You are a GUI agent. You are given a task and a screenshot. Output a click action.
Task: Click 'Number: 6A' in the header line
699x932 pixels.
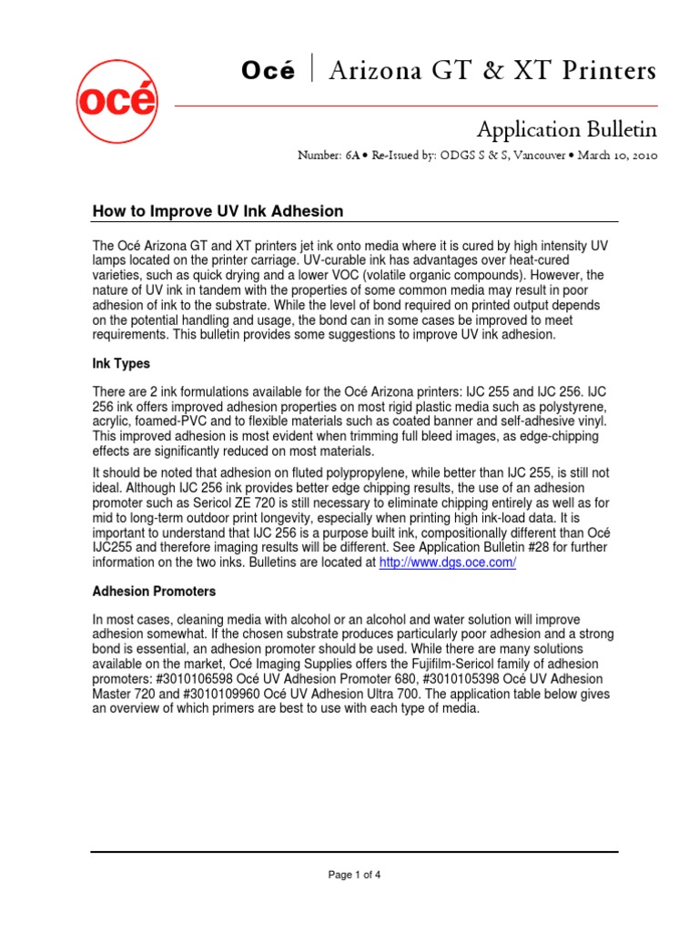pos(328,156)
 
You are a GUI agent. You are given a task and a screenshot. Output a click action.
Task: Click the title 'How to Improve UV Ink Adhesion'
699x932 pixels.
pos(218,211)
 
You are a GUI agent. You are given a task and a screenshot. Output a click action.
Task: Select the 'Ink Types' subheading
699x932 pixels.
pos(122,363)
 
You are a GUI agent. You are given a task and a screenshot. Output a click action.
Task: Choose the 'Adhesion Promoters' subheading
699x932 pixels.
pos(154,592)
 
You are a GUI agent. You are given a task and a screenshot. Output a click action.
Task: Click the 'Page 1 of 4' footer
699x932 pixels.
pos(355,875)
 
